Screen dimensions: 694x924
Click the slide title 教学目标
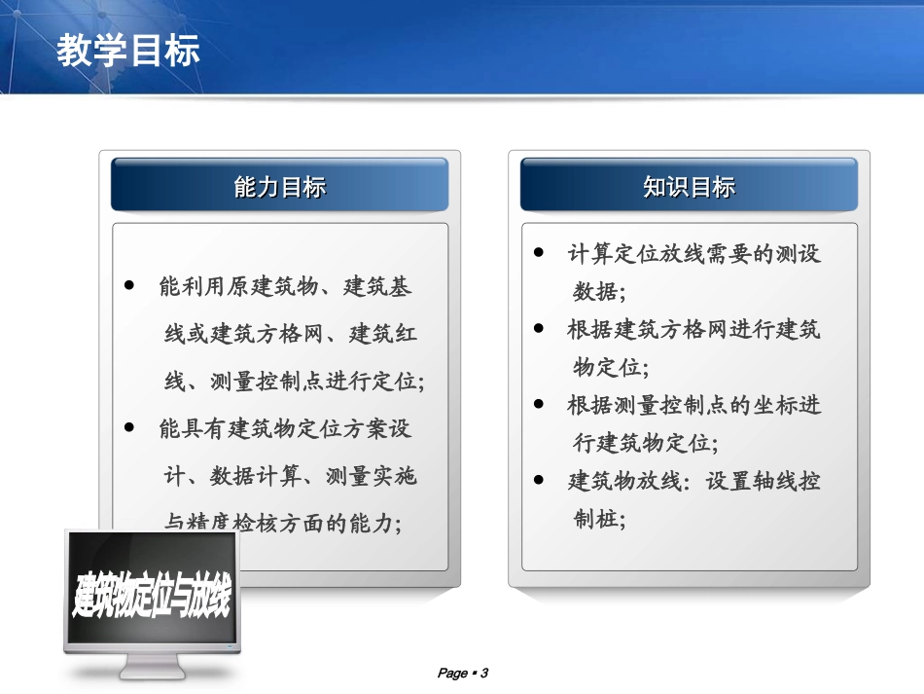click(128, 51)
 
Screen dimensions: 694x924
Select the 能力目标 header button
click(279, 187)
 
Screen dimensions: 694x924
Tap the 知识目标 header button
click(689, 187)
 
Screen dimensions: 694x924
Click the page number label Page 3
click(462, 673)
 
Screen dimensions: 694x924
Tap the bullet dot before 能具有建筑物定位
click(129, 428)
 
